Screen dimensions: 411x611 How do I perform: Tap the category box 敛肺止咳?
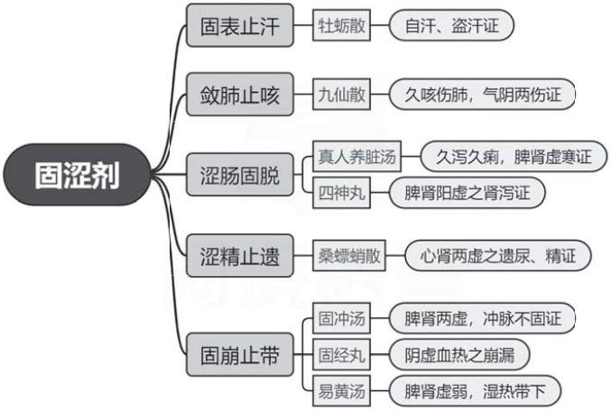point(239,95)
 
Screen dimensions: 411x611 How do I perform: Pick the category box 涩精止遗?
point(239,256)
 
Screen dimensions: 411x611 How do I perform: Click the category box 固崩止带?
point(239,355)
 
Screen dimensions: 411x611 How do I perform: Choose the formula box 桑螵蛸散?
point(348,256)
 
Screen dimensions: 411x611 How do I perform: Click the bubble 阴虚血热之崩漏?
point(459,354)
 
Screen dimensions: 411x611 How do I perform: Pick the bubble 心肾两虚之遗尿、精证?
point(497,256)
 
